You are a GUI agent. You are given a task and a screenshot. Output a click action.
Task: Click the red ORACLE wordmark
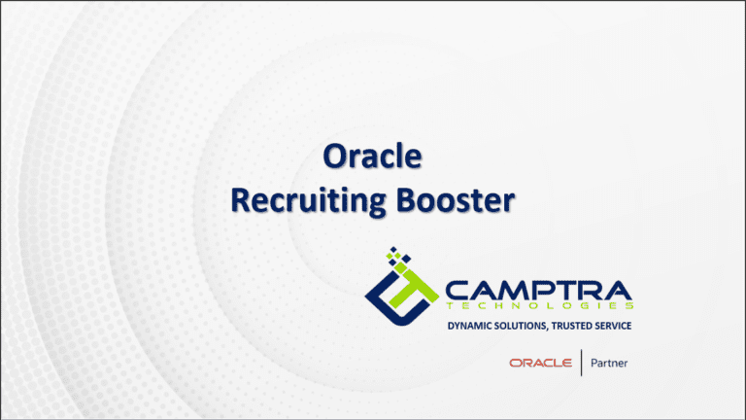pos(540,364)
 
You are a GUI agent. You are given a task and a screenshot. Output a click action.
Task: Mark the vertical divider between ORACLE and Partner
pos(582,364)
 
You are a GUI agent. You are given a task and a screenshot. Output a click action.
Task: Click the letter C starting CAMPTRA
pos(457,289)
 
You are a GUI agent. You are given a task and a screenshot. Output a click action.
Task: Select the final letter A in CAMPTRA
pos(618,289)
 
